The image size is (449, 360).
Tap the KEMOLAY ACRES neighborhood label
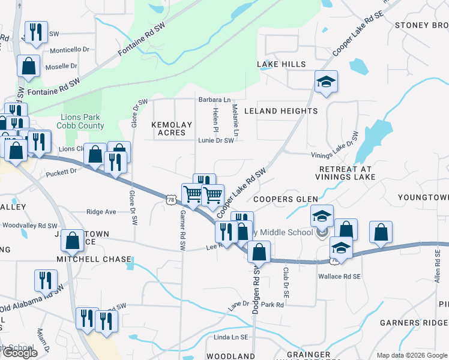tap(172, 129)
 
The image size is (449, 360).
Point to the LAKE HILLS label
tap(281, 64)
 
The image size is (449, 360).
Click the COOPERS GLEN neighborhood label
tap(282, 199)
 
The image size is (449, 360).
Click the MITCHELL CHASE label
tap(94, 259)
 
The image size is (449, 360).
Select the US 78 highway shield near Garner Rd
tap(172, 199)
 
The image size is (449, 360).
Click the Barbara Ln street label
tap(215, 100)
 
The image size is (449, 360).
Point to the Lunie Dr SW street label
tap(215, 140)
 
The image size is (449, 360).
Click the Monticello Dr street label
tap(69, 50)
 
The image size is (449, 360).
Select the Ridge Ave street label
tap(101, 212)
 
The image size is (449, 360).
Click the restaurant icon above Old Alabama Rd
tap(45, 280)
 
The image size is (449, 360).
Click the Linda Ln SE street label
tap(231, 338)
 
